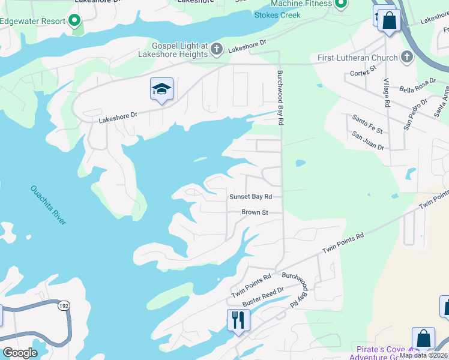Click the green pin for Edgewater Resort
pyautogui.click(x=75, y=21)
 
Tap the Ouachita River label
pyautogui.click(x=49, y=205)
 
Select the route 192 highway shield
pyautogui.click(x=62, y=306)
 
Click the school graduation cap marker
pyautogui.click(x=161, y=89)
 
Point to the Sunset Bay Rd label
pyautogui.click(x=251, y=197)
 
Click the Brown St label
pyautogui.click(x=255, y=212)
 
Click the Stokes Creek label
pyautogui.click(x=277, y=15)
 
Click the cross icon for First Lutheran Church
pyautogui.click(x=407, y=58)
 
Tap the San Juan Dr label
pyautogui.click(x=367, y=141)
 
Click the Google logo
pyautogui.click(x=20, y=353)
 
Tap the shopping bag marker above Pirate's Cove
pyautogui.click(x=423, y=338)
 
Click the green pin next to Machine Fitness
pyautogui.click(x=341, y=5)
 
